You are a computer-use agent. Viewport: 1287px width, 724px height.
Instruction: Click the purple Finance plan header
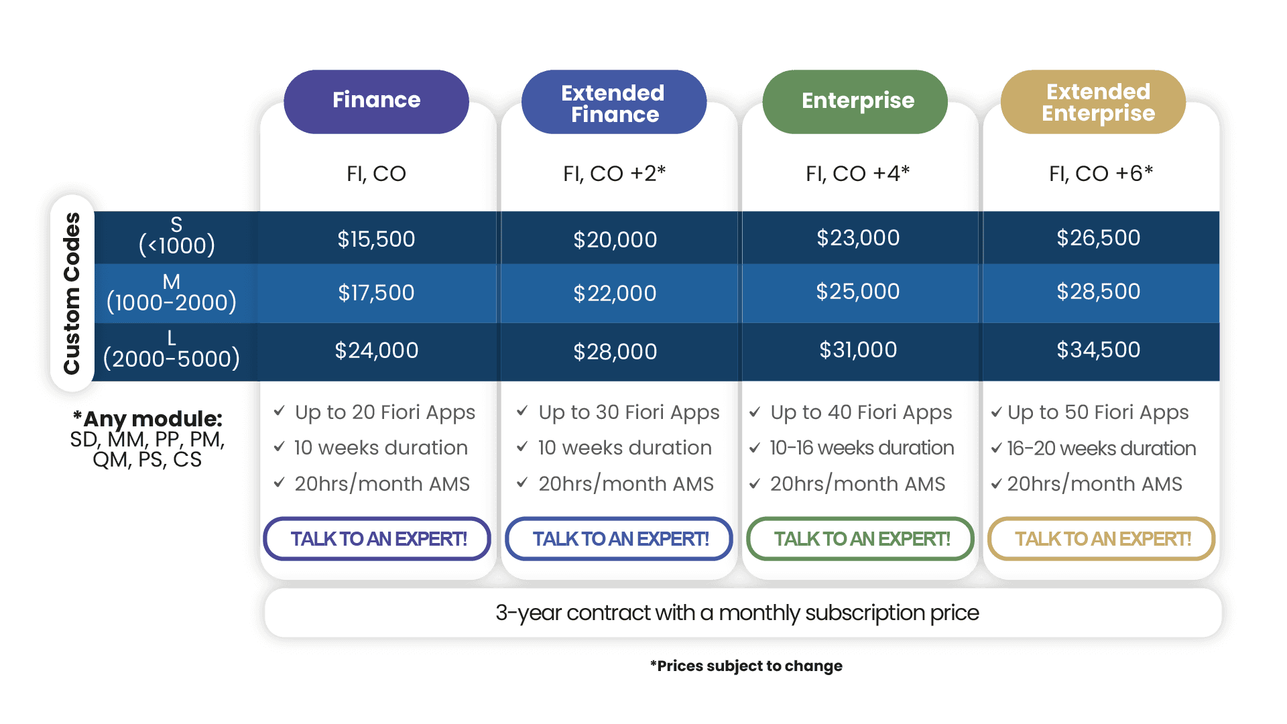click(x=376, y=101)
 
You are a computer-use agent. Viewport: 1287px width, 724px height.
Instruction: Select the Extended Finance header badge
click(x=613, y=103)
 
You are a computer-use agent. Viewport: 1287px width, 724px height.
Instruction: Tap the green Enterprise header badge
click(x=857, y=101)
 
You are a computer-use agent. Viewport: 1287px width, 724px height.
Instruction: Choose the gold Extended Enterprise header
click(x=1098, y=102)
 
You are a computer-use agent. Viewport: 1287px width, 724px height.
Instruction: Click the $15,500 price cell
click(x=376, y=239)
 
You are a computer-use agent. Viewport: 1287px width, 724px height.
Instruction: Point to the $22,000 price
click(x=615, y=294)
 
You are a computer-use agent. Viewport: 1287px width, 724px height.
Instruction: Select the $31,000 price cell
click(x=858, y=350)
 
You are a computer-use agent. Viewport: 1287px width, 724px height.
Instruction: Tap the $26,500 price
click(x=1098, y=238)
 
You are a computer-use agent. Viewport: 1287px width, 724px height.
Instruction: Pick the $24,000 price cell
click(x=376, y=351)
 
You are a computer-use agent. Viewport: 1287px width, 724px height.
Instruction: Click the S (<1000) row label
click(x=176, y=236)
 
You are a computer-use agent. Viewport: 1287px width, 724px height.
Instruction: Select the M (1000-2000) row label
click(x=172, y=293)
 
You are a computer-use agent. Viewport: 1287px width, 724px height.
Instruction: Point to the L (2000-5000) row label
click(x=172, y=350)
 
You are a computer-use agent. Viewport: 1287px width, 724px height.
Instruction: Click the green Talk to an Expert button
click(x=861, y=539)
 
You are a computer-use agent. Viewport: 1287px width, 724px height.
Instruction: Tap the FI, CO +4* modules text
click(x=857, y=174)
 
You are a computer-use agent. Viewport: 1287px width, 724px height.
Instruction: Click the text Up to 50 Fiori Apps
click(x=1098, y=412)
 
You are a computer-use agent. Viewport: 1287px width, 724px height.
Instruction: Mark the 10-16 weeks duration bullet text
click(x=861, y=448)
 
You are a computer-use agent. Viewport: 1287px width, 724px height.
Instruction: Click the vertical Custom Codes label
click(x=72, y=293)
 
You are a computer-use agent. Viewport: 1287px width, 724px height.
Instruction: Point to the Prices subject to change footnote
click(x=746, y=666)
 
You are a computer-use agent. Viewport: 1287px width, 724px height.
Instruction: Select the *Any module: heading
click(x=147, y=419)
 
